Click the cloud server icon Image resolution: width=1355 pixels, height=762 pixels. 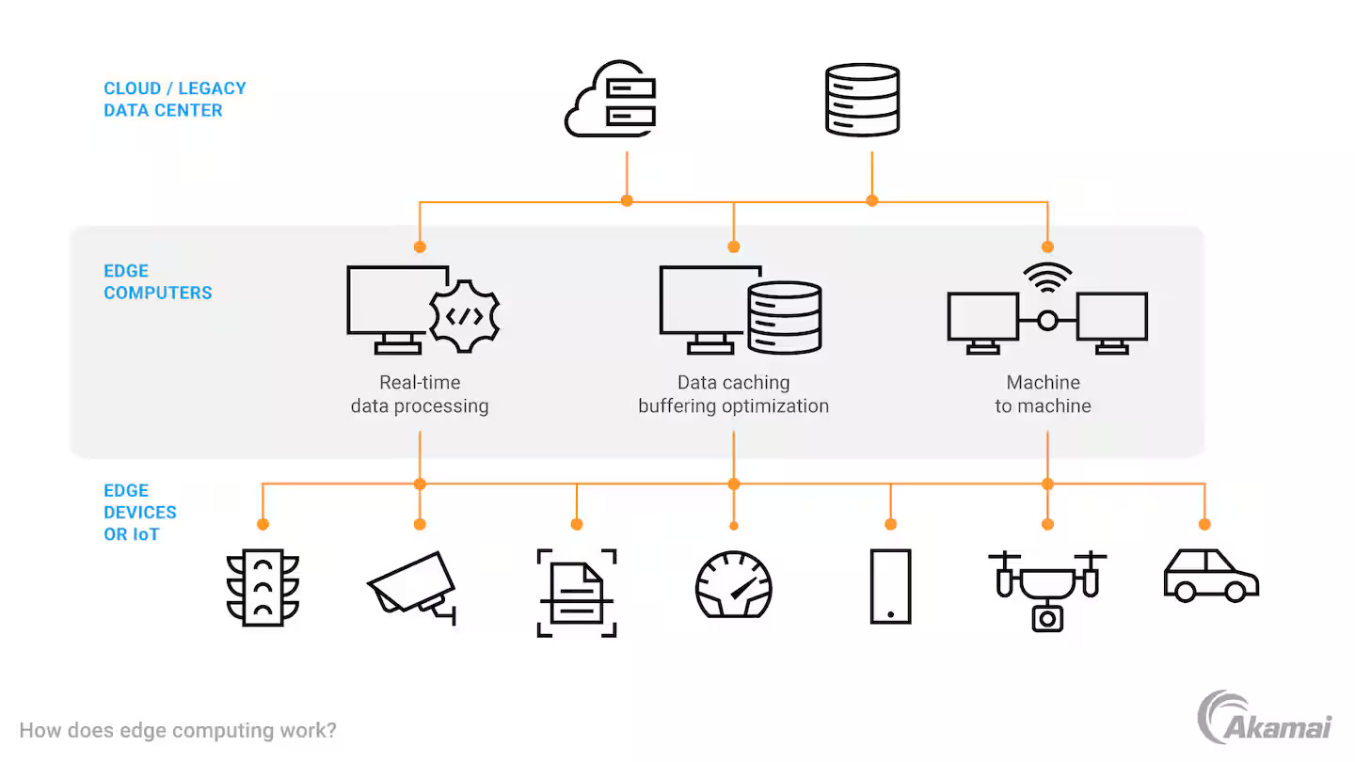tap(612, 100)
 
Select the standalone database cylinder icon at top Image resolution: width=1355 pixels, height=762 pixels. tap(862, 99)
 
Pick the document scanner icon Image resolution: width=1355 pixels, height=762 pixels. tap(577, 593)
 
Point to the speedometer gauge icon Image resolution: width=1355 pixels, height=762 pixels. tap(733, 584)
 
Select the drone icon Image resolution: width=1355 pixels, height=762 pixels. tap(1047, 589)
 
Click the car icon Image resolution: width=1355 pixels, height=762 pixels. tap(1210, 575)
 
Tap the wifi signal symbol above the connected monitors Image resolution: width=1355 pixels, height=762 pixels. tap(1047, 276)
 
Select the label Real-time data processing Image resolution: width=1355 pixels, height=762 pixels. tap(420, 394)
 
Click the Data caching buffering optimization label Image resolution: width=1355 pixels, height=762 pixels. tap(733, 394)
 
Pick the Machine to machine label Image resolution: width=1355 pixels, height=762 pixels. tap(1043, 394)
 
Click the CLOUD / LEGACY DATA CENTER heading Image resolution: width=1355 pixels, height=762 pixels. tap(175, 99)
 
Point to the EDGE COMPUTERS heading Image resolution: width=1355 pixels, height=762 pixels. tap(157, 281)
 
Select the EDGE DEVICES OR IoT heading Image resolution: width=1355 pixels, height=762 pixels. tap(140, 512)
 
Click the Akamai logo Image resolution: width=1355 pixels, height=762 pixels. tap(1264, 719)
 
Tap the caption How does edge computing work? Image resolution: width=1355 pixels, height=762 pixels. tap(178, 730)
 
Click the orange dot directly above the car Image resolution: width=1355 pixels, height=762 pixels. tap(1204, 524)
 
